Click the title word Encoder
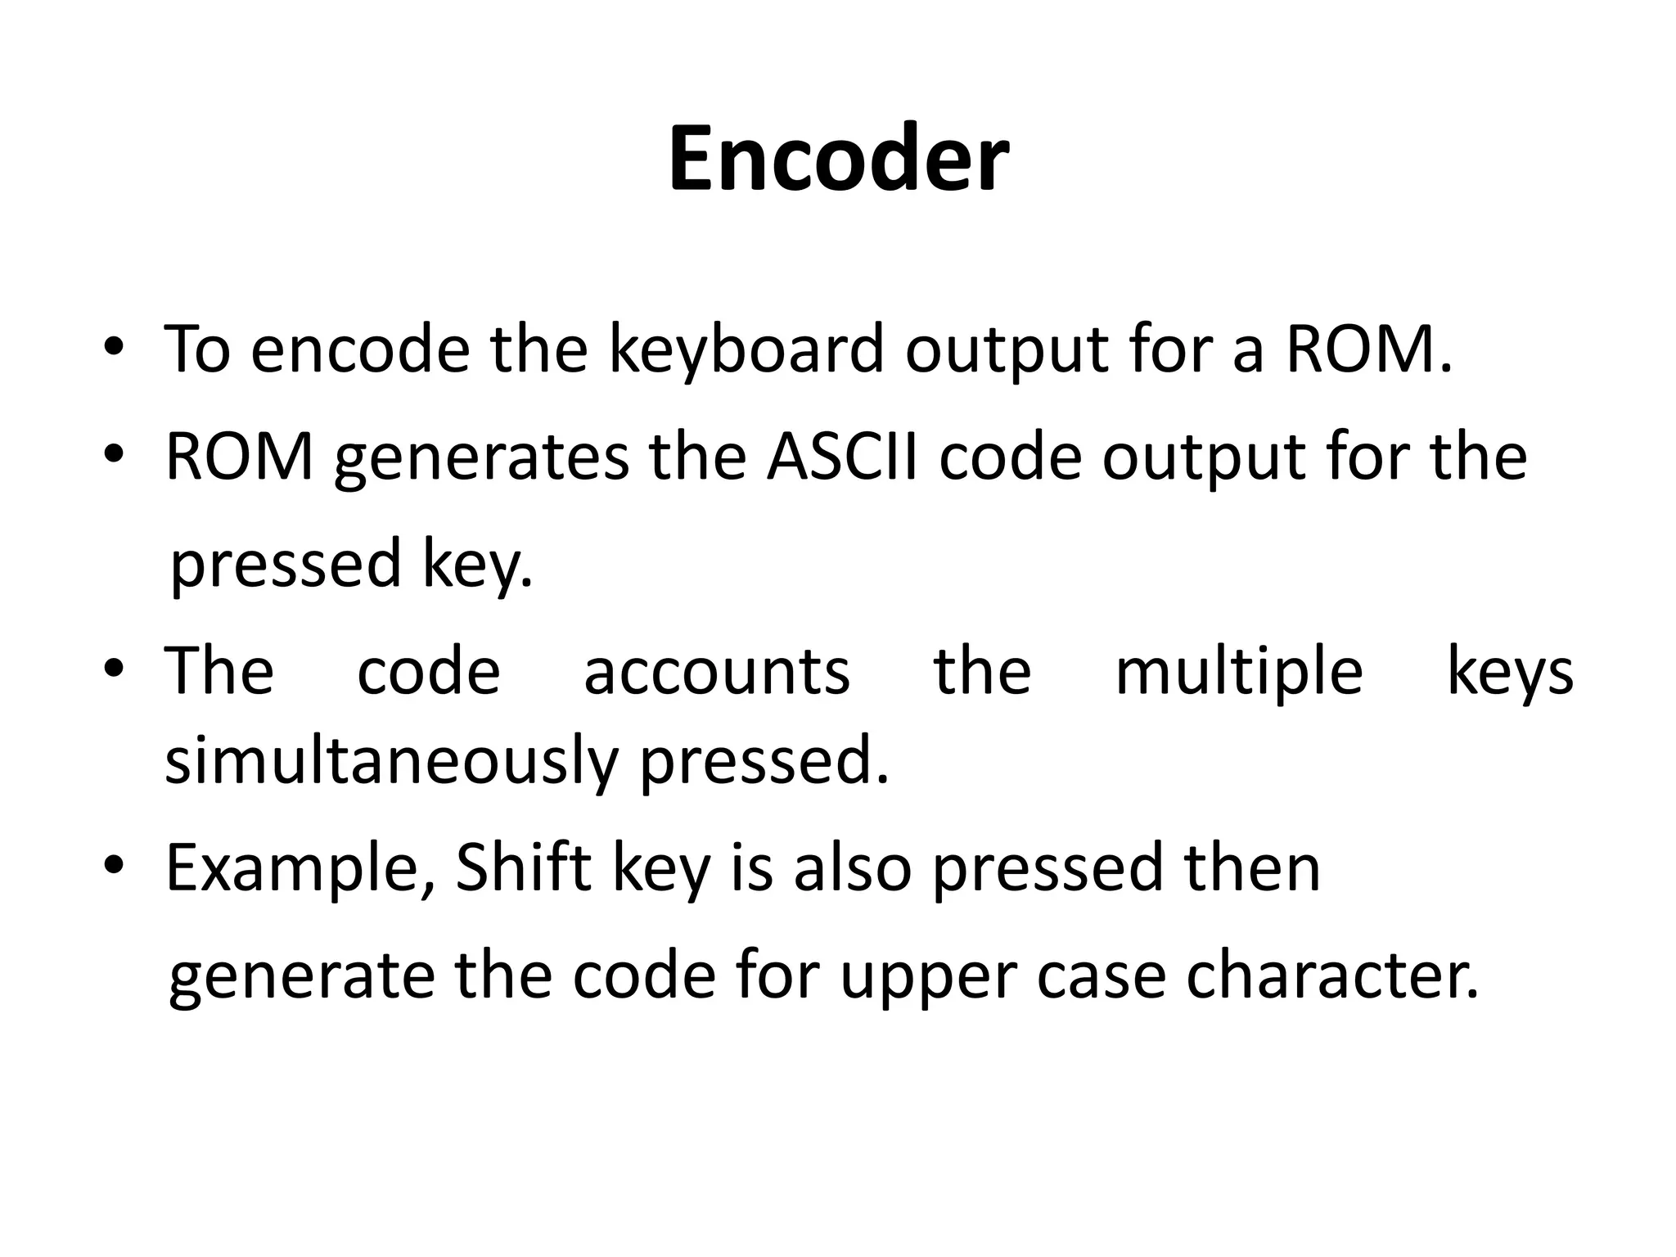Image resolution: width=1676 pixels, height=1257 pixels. pos(838,160)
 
